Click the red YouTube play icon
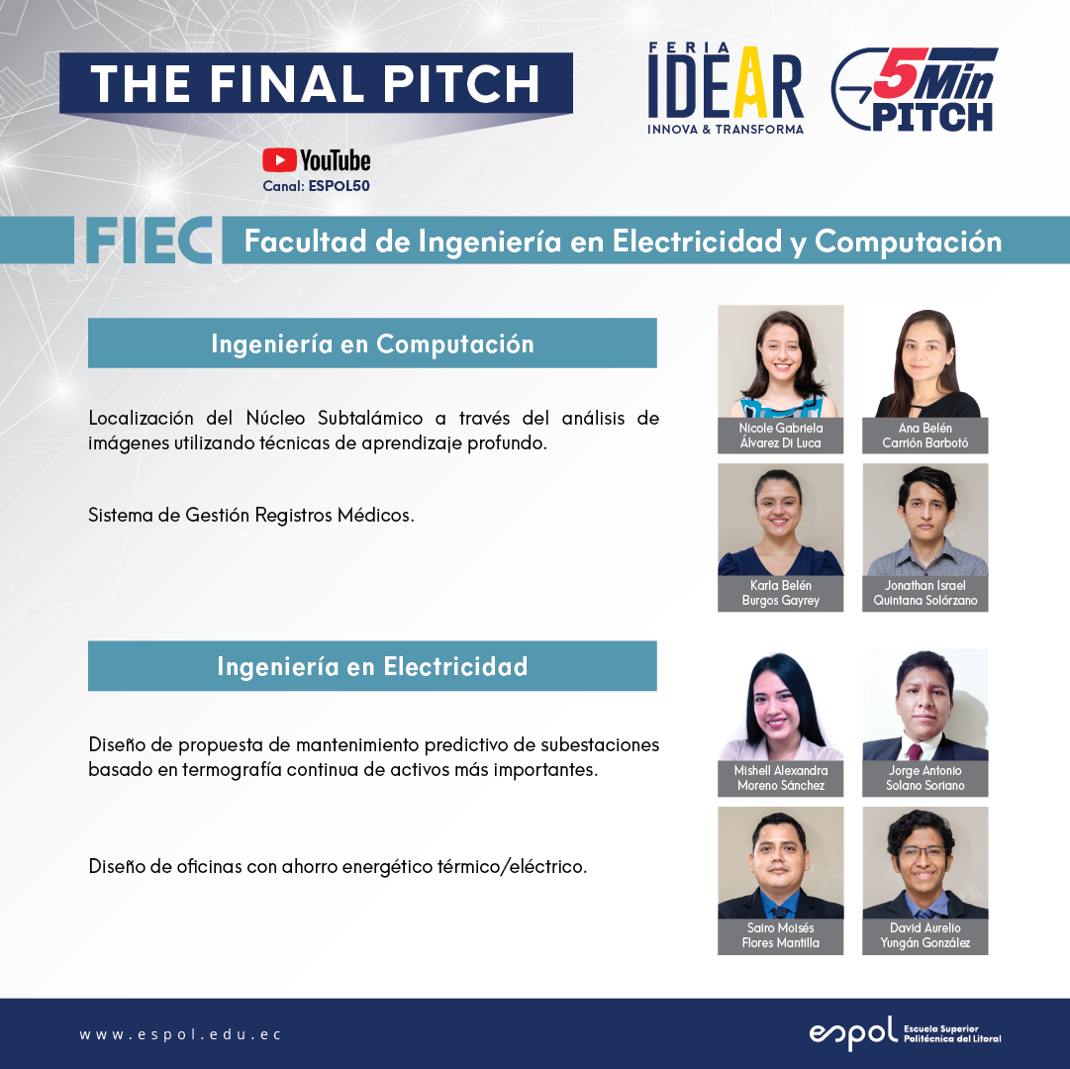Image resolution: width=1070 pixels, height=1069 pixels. click(x=279, y=160)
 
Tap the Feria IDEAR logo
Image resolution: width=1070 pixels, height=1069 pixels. click(x=726, y=88)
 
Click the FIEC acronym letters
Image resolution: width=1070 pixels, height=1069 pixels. click(x=148, y=241)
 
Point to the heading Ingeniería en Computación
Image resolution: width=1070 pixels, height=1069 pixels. click(x=372, y=343)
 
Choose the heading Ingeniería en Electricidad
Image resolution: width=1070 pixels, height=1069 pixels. click(x=372, y=666)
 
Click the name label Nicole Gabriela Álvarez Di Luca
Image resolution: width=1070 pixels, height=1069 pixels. click(x=781, y=436)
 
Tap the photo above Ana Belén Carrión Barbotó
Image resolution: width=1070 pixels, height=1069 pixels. click(x=925, y=361)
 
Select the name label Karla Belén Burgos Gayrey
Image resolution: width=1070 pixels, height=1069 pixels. click(x=781, y=593)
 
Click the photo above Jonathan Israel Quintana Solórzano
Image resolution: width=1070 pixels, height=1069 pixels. click(x=925, y=520)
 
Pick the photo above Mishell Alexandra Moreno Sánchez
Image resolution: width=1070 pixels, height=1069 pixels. click(x=781, y=705)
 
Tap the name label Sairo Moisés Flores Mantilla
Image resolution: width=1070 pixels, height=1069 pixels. click(x=781, y=936)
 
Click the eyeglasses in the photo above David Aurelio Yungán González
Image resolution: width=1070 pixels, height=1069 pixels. click(x=924, y=852)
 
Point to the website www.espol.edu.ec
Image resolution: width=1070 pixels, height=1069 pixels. click(x=180, y=1034)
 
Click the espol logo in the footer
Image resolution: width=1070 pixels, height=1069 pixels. click(x=905, y=1032)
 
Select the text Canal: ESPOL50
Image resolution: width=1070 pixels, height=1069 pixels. click(x=316, y=185)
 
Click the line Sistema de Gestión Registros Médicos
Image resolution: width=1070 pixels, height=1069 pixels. click(x=251, y=515)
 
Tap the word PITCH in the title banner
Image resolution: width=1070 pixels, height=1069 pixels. click(x=461, y=84)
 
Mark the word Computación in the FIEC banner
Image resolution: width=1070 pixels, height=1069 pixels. click(x=909, y=243)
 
